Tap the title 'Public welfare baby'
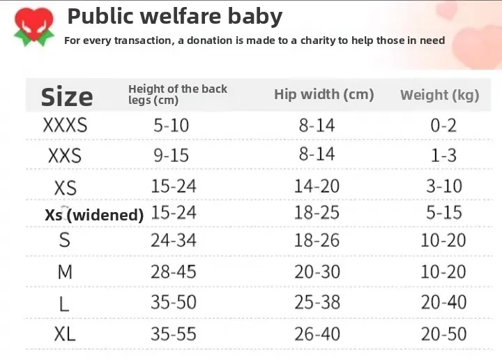click(x=174, y=16)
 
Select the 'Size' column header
click(x=67, y=97)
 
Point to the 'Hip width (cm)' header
click(x=324, y=94)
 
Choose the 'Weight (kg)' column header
click(x=439, y=95)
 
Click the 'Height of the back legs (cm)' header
click(x=177, y=94)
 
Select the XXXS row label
click(x=65, y=126)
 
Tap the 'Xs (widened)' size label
click(x=94, y=215)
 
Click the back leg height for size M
click(x=174, y=271)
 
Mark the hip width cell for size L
click(x=317, y=302)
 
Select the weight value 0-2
click(x=443, y=126)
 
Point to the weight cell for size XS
click(x=443, y=186)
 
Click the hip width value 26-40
click(x=317, y=334)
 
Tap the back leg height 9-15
click(x=172, y=155)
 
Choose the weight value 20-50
click(x=443, y=334)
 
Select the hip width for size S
click(x=317, y=241)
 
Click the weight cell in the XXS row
click(x=443, y=155)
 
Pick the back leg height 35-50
click(x=174, y=302)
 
